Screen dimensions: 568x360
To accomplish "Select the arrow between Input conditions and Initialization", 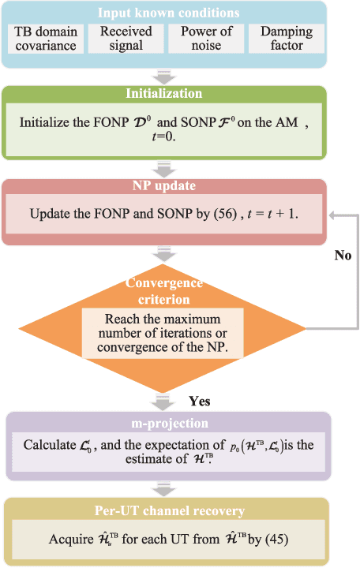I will tap(166, 77).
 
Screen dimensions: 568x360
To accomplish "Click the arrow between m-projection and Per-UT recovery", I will tap(166, 488).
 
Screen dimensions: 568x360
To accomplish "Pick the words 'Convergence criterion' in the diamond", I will tap(166, 291).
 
